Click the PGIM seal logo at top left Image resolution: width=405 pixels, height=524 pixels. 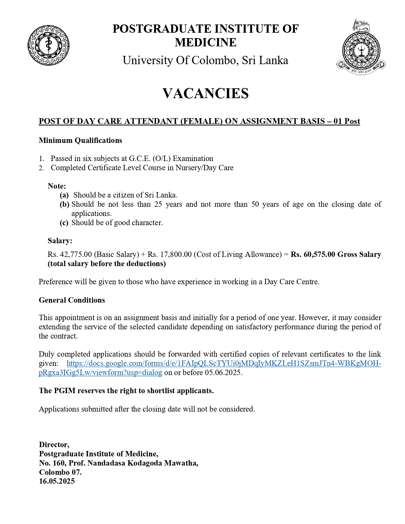pyautogui.click(x=48, y=45)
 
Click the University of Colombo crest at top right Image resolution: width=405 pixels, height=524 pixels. pyautogui.click(x=361, y=48)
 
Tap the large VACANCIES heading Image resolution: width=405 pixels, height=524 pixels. pyautogui.click(x=206, y=93)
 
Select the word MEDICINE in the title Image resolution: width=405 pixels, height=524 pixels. pyautogui.click(x=206, y=42)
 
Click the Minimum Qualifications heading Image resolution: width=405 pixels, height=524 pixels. pyautogui.click(x=80, y=140)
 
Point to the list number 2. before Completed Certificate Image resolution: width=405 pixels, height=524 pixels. pyautogui.click(x=42, y=168)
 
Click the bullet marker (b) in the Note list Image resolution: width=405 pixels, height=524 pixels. pyautogui.click(x=64, y=204)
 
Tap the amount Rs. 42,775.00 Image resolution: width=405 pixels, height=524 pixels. pyautogui.click(x=70, y=254)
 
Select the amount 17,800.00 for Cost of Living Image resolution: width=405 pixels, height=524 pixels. pyautogui.click(x=176, y=254)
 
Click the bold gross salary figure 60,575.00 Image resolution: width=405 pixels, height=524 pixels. pyautogui.click(x=319, y=254)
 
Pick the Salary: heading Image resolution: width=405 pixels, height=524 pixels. pyautogui.click(x=60, y=241)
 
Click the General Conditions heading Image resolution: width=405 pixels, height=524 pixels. pyautogui.click(x=72, y=300)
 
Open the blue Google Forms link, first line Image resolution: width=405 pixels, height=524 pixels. pyautogui.click(x=224, y=363)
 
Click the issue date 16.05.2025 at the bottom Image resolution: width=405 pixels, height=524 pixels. pyautogui.click(x=57, y=481)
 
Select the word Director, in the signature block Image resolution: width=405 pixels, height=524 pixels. pyautogui.click(x=54, y=445)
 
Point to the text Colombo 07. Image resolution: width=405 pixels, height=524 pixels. pyautogui.click(x=60, y=472)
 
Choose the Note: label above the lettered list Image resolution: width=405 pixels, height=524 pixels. pyautogui.click(x=57, y=186)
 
